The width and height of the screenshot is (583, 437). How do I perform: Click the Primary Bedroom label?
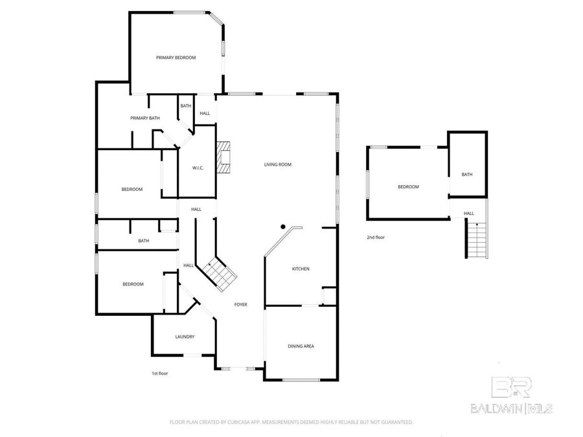click(176, 58)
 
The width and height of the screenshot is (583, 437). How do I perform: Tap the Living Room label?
click(277, 164)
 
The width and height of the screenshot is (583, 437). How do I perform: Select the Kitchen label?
click(301, 269)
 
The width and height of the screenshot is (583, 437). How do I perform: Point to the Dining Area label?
click(301, 346)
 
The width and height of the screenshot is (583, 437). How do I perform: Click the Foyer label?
click(240, 304)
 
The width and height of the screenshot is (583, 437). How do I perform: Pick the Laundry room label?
click(185, 337)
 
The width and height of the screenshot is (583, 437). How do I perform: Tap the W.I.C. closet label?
click(198, 168)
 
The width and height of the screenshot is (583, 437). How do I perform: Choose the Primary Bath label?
click(144, 118)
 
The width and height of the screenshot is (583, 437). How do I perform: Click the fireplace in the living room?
click(223, 158)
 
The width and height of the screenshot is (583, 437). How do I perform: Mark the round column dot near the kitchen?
click(283, 227)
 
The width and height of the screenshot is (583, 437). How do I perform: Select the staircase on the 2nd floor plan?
click(476, 240)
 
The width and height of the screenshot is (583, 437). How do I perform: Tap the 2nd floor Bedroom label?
click(408, 186)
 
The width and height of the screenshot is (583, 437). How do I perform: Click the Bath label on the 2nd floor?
click(467, 174)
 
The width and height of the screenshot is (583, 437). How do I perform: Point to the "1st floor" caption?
click(159, 374)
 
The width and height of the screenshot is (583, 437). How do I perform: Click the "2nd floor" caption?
click(376, 238)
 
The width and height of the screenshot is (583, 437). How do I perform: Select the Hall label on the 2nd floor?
click(468, 213)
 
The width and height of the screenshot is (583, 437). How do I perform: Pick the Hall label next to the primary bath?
click(205, 113)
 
